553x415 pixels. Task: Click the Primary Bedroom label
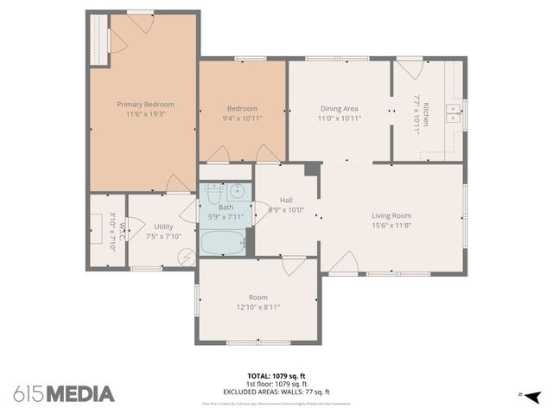click(145, 103)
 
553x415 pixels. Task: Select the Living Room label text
click(391, 215)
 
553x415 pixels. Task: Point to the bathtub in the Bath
click(222, 242)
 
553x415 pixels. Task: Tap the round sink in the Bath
click(238, 192)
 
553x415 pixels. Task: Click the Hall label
click(286, 200)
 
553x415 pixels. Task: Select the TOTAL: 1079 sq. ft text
click(277, 376)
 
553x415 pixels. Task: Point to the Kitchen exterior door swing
click(409, 67)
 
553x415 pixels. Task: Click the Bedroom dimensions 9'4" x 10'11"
click(242, 118)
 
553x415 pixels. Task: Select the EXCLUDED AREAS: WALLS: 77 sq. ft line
click(277, 392)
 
